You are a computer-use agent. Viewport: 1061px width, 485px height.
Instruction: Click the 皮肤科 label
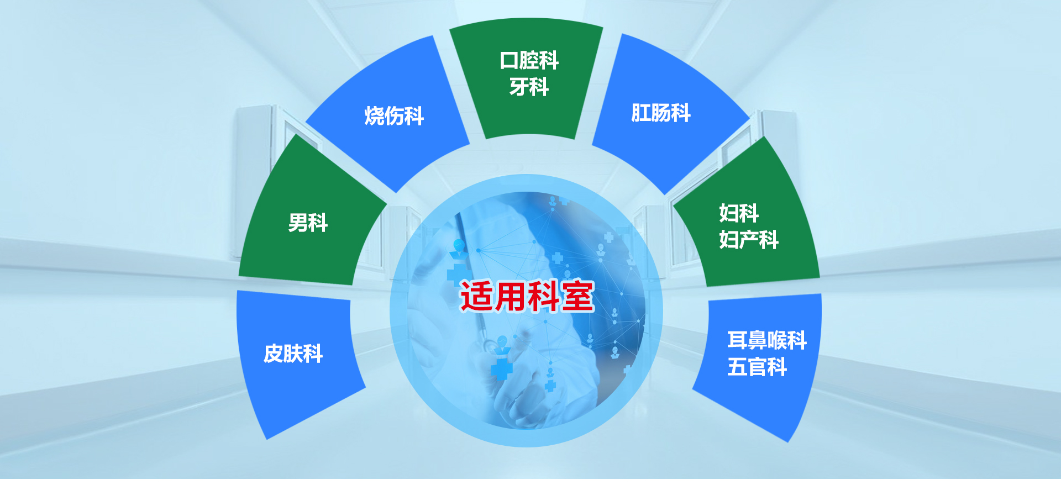[293, 354]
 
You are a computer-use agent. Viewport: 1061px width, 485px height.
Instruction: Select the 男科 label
[308, 223]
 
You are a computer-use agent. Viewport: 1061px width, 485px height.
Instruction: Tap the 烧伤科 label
[394, 116]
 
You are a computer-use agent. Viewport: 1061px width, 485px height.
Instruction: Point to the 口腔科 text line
[529, 60]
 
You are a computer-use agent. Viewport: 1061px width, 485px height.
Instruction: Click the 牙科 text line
[529, 87]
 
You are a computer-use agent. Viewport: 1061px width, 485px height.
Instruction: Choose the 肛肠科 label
[661, 113]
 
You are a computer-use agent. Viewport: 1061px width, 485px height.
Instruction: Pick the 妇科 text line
[739, 213]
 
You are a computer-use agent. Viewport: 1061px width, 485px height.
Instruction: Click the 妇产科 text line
[749, 240]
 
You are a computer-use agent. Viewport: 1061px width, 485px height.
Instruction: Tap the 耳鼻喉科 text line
[767, 340]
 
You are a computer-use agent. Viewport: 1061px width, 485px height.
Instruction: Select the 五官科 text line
[757, 367]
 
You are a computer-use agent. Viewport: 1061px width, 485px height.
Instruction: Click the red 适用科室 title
[527, 297]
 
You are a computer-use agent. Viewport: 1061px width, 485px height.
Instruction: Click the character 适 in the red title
[477, 297]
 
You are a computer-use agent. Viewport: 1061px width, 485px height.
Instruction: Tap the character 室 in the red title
[578, 297]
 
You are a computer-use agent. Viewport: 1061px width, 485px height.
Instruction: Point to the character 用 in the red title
[511, 297]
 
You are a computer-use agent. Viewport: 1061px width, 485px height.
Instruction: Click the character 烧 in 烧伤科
[374, 116]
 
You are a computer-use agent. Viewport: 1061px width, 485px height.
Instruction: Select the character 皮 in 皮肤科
[274, 354]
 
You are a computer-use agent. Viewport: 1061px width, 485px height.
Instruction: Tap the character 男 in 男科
[298, 223]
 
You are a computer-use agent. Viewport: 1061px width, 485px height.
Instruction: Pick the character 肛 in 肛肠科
[641, 113]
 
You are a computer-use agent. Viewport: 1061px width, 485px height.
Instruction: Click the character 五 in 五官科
[737, 367]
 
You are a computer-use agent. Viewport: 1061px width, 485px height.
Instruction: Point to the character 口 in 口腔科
[509, 60]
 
